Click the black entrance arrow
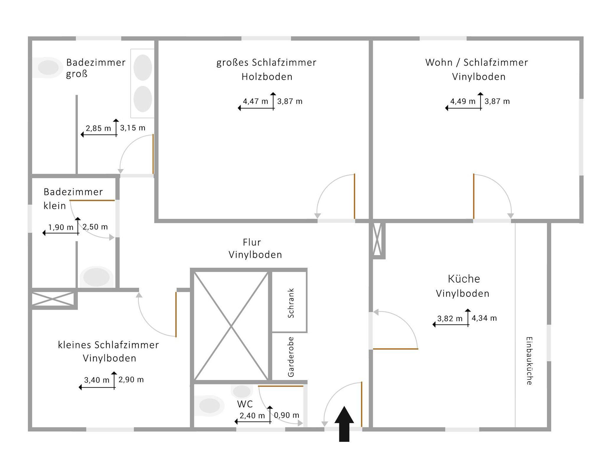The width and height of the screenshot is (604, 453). [x=344, y=424]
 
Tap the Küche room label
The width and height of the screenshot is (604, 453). [x=464, y=279]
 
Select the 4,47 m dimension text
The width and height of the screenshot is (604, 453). [x=255, y=101]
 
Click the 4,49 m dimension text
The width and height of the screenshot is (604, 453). [x=463, y=101]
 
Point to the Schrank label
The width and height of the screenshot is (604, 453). [x=291, y=303]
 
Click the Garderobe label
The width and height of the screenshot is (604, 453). [x=291, y=357]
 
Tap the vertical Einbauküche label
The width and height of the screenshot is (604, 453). [x=529, y=361]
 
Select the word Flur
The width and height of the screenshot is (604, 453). [x=252, y=242]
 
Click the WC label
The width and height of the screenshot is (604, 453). [x=245, y=404]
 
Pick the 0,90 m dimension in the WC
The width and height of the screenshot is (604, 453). [x=287, y=415]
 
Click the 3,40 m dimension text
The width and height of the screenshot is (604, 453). [x=97, y=380]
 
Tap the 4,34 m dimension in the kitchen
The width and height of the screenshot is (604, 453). [x=484, y=318]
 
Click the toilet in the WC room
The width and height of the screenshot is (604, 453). [x=208, y=406]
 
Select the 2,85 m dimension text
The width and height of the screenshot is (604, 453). [x=98, y=128]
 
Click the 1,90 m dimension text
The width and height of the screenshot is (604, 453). [x=61, y=227]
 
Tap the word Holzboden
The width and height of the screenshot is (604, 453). [x=267, y=77]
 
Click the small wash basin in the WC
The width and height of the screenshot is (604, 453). [x=242, y=391]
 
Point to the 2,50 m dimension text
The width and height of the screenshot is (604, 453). [x=95, y=227]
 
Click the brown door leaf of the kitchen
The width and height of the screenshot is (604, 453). [x=395, y=349]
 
